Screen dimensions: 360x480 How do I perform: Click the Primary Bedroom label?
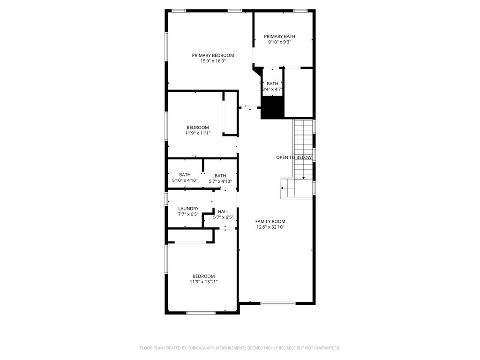click(213, 55)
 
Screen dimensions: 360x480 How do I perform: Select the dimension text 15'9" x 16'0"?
click(213, 61)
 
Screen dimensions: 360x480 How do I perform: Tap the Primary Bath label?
click(279, 37)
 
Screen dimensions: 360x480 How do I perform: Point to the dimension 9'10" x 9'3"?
click(279, 42)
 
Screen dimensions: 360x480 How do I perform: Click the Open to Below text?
click(293, 157)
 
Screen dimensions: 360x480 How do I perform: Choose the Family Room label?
click(270, 221)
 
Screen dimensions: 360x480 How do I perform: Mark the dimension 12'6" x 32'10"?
click(270, 227)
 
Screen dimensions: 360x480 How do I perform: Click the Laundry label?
click(188, 209)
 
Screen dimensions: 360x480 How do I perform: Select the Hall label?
click(223, 211)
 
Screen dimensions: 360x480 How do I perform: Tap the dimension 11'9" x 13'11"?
click(203, 282)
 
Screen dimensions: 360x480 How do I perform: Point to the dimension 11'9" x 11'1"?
click(197, 133)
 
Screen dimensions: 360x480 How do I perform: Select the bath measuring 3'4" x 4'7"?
click(272, 86)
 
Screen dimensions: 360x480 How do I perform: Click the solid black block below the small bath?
click(272, 107)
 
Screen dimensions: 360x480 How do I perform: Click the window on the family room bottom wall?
click(278, 303)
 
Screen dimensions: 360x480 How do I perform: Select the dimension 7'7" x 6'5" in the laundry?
click(188, 214)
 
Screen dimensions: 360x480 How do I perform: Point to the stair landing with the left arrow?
click(287, 188)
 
